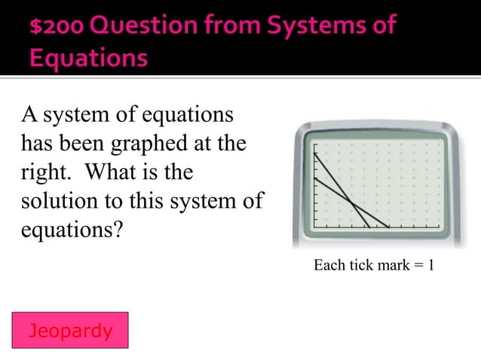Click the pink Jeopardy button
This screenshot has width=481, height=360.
(71, 330)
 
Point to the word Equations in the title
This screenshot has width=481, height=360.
(89, 59)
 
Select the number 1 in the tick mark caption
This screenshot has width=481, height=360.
(430, 266)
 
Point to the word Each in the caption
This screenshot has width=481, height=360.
(326, 266)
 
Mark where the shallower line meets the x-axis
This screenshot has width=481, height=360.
(388, 227)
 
